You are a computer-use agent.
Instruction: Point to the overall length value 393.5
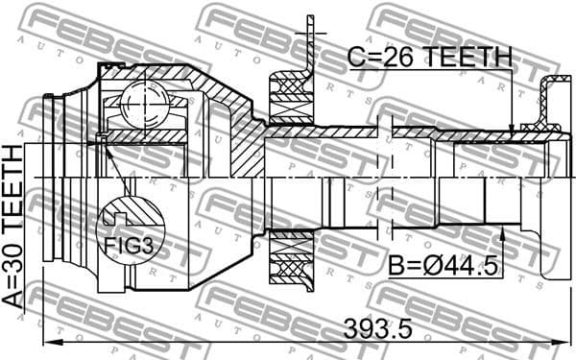[377, 327]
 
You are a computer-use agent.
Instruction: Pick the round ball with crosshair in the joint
[144, 100]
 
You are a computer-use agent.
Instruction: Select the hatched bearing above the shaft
[288, 96]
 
